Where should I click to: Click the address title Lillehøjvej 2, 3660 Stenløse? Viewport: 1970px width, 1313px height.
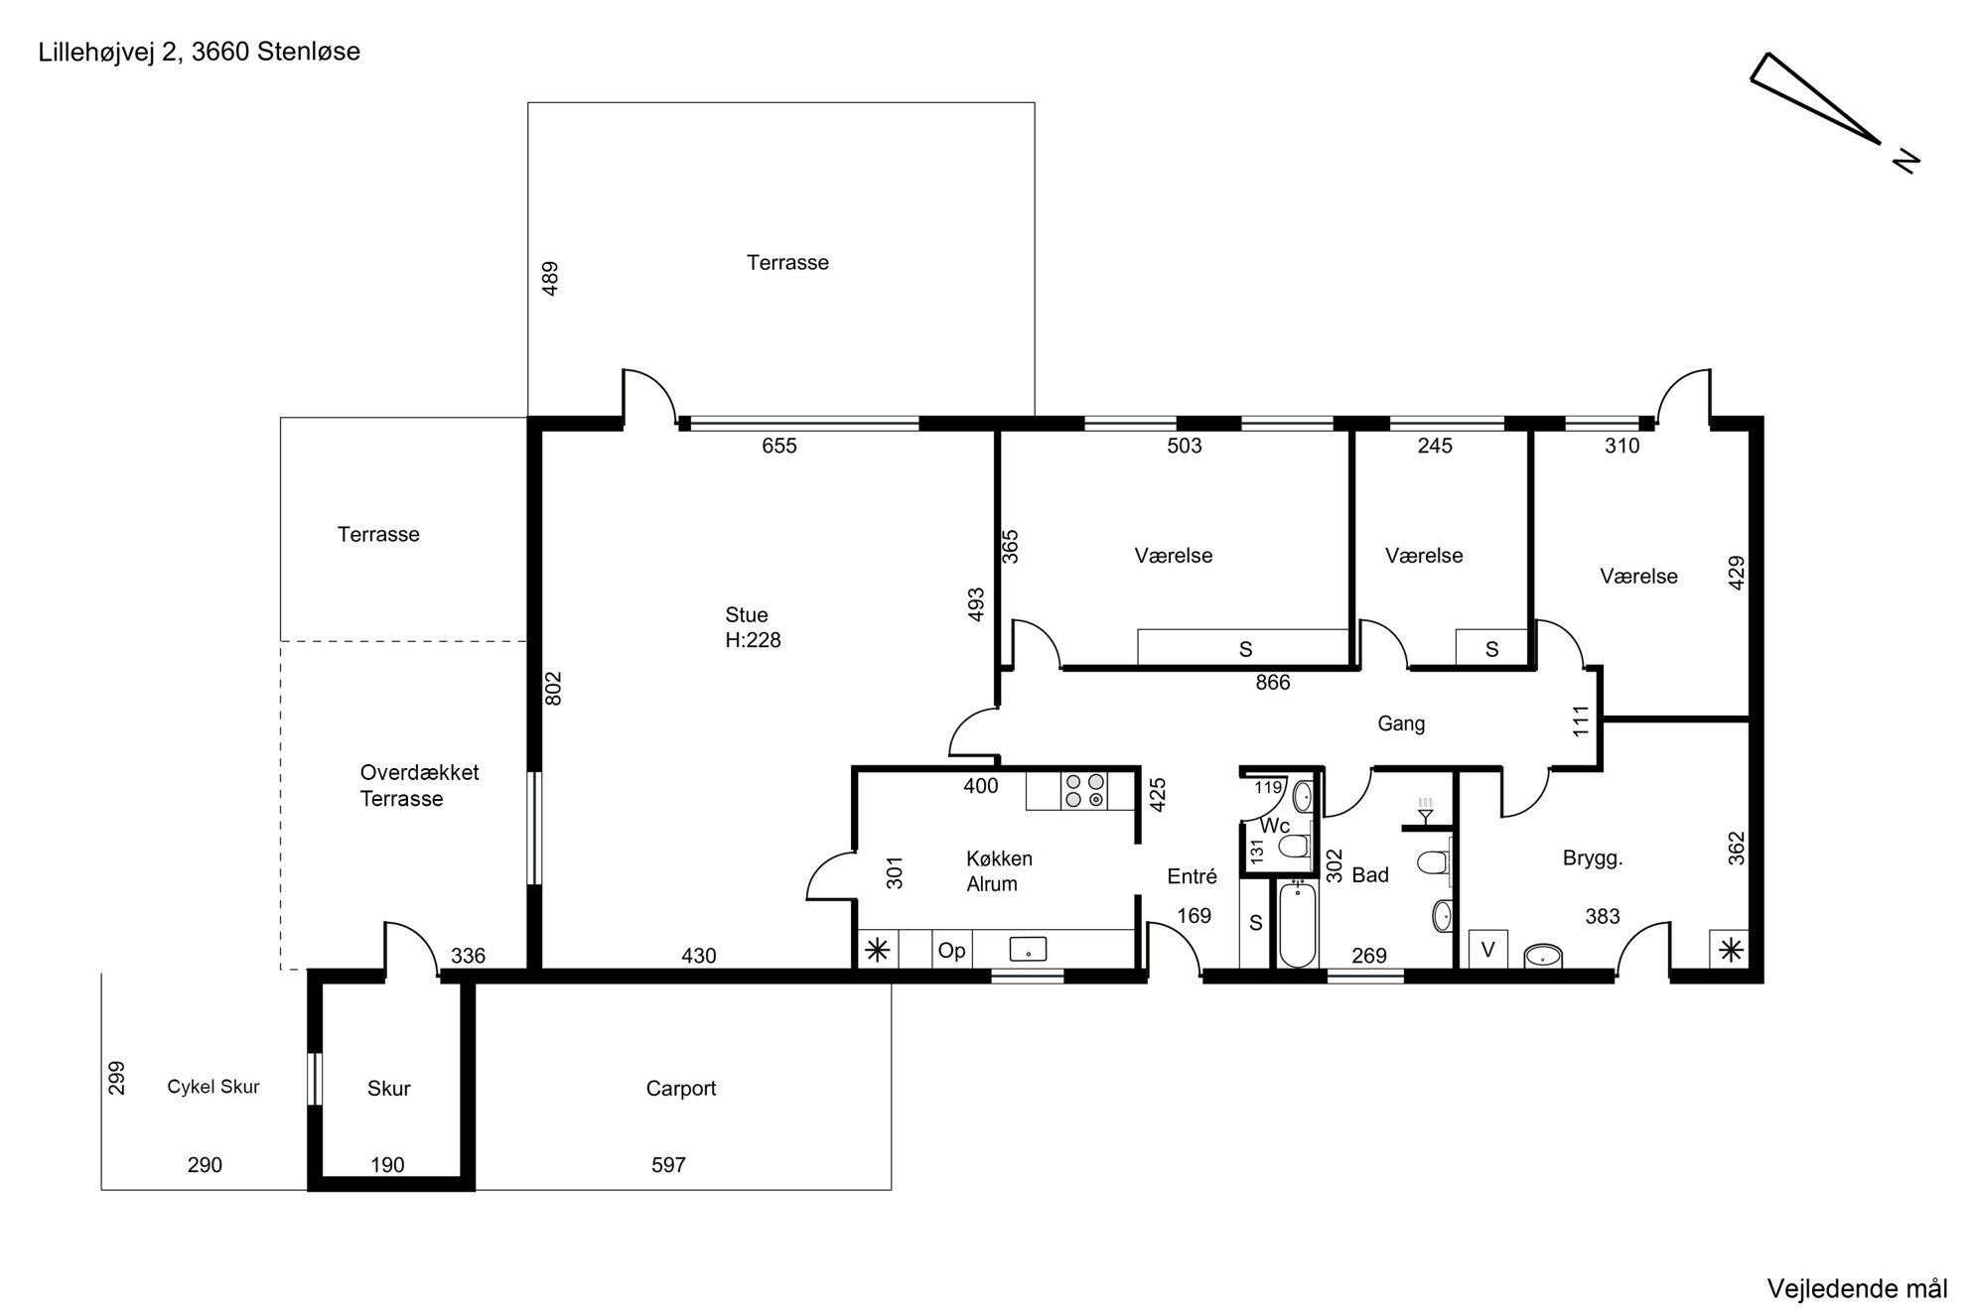(200, 53)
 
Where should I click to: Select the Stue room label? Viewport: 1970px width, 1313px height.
(747, 615)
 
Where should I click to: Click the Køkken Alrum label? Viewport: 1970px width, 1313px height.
(999, 871)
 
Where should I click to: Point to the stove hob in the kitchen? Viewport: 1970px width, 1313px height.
(1084, 790)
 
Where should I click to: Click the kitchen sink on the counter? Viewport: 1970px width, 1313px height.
(1028, 949)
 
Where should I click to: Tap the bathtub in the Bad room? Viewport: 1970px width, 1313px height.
(1297, 924)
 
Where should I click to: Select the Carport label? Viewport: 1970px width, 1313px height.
(681, 1089)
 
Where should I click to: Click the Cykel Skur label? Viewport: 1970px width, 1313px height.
(213, 1087)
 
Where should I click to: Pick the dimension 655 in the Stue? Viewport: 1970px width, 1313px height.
(779, 446)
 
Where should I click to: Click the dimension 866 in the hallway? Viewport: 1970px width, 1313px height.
(1273, 683)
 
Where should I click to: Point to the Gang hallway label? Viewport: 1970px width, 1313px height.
(1401, 724)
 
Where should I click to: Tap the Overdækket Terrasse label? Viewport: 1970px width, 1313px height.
(419, 785)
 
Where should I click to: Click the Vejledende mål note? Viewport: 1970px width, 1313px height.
(1857, 1289)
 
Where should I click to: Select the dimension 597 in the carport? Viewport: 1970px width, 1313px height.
(668, 1165)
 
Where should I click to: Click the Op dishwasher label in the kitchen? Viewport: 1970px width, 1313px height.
(951, 951)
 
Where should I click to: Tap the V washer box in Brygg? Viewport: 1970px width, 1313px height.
(1487, 950)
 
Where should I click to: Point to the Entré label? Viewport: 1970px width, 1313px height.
(1192, 876)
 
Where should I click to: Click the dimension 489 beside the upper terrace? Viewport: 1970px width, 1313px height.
(550, 278)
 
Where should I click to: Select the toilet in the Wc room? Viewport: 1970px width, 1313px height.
(1293, 847)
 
